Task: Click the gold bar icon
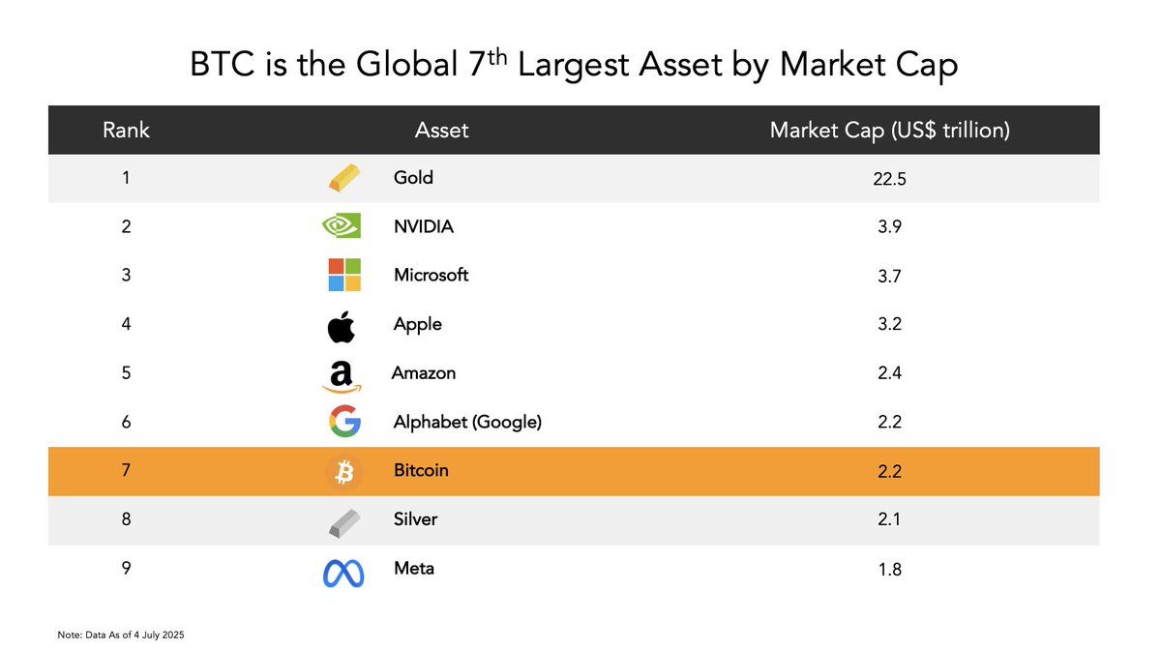[x=342, y=179]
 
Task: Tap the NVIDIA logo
[x=342, y=226]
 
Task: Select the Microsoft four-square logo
[x=344, y=275]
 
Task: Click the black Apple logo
[x=342, y=325]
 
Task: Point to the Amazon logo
[x=341, y=375]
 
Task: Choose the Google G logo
[x=344, y=423]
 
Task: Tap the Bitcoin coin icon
[x=344, y=472]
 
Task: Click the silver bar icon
[x=342, y=521]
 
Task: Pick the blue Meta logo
[x=343, y=573]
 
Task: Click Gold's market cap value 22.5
[x=889, y=178]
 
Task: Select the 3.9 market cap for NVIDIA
[x=889, y=227]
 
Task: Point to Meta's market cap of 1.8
[x=889, y=570]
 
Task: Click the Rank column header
[x=126, y=130]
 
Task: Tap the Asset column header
[x=441, y=130]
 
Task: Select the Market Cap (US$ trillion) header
[x=889, y=130]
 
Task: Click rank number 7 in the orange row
[x=126, y=471]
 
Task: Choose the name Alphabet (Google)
[x=467, y=422]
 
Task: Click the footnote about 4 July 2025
[x=121, y=634]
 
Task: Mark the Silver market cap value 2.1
[x=889, y=520]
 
